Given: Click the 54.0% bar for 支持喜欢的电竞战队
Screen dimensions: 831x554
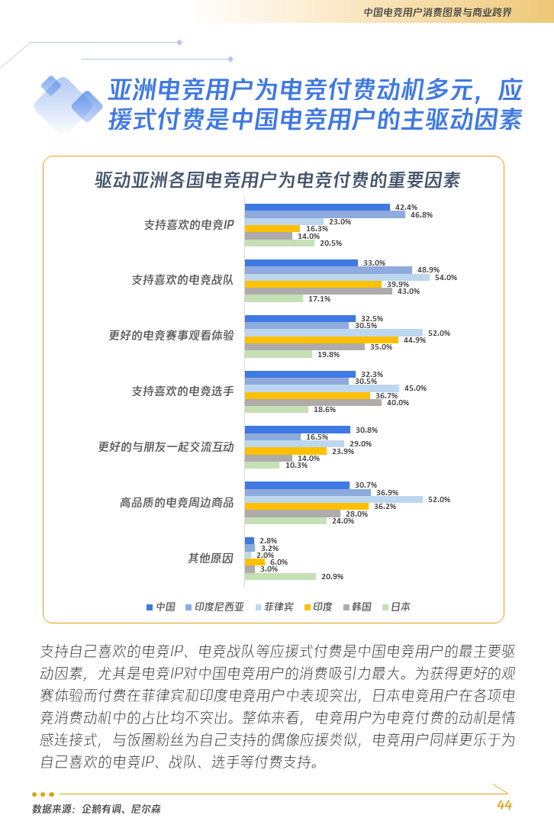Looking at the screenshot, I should click(x=337, y=277).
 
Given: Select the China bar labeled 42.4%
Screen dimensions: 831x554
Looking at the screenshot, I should click(x=317, y=208).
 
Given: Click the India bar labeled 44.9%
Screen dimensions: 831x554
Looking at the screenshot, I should click(x=321, y=340).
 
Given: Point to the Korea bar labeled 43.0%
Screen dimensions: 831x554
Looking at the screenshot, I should click(x=318, y=291).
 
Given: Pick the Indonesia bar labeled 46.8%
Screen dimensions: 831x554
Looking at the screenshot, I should click(x=324, y=214).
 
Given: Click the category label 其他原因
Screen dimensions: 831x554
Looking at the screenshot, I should click(x=211, y=558).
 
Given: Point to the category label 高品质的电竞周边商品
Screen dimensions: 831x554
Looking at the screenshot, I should click(x=176, y=503).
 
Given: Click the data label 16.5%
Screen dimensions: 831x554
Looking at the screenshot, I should click(x=317, y=437).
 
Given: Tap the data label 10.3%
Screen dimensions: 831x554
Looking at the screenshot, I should click(x=296, y=465).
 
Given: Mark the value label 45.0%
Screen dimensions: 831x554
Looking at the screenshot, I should click(x=415, y=388).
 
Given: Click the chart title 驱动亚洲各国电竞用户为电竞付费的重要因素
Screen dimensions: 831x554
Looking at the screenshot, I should click(x=277, y=181).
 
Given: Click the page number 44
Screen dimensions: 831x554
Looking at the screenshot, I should click(x=504, y=806).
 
